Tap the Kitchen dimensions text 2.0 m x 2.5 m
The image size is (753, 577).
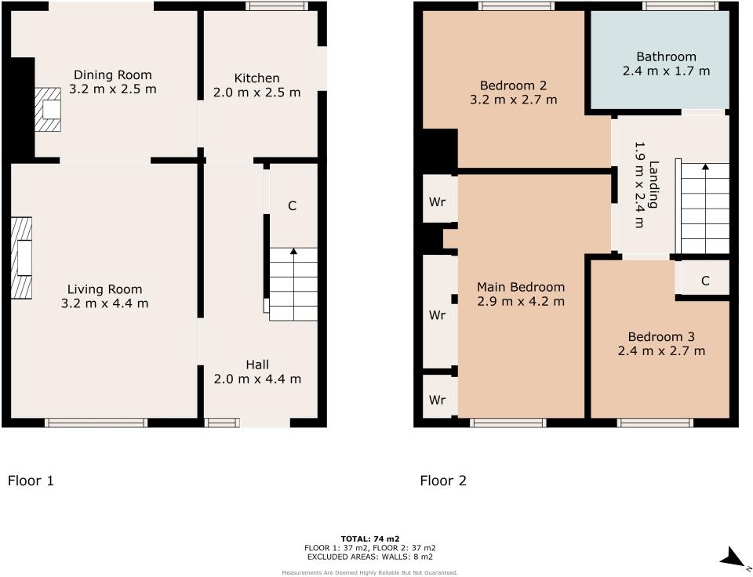point(256,93)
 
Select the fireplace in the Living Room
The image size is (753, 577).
point(22,258)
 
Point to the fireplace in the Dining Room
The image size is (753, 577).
point(48,109)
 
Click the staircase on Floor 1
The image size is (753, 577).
point(293,284)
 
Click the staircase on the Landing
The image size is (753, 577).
point(704,208)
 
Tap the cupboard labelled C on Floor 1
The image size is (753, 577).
point(292,206)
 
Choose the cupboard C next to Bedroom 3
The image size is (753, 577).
point(705,281)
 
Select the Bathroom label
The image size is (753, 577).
point(666,56)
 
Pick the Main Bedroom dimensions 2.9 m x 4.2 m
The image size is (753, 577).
point(521,301)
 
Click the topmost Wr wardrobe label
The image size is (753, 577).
point(437,201)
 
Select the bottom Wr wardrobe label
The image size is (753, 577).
point(437,400)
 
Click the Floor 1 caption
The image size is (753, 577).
point(31,481)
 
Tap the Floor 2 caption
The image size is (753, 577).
point(443,481)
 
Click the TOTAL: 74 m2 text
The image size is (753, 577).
point(369,539)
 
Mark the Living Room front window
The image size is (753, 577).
point(96,423)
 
